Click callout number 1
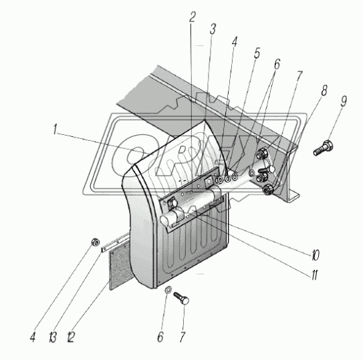tap(55, 129)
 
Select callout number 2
tap(192, 17)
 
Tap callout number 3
tap(213, 29)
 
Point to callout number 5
tap(257, 53)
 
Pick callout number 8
tap(324, 90)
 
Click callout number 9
tap(344, 102)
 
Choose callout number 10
tap(316, 255)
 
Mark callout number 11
tap(314, 275)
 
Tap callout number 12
tap(71, 337)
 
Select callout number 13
tap(53, 337)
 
